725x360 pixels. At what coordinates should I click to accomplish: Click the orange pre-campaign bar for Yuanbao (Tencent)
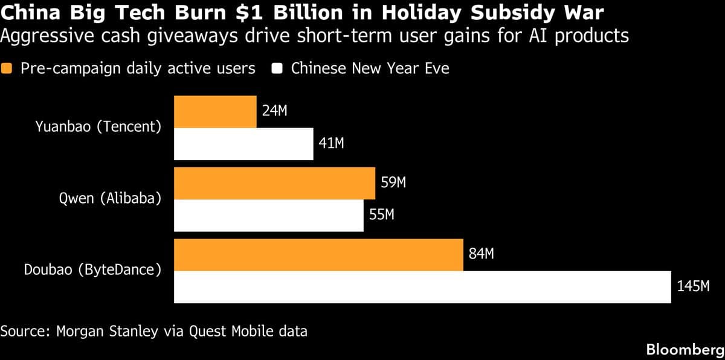coord(215,111)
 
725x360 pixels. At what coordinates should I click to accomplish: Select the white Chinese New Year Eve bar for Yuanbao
coord(243,144)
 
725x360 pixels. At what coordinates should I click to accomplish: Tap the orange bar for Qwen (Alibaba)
coord(274,184)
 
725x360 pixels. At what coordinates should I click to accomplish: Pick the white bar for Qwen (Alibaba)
coord(268,216)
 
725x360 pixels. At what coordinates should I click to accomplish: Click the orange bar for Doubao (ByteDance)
coord(318,255)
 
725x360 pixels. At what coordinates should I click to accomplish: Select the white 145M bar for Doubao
coord(422,287)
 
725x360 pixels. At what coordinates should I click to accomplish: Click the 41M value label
coord(332,143)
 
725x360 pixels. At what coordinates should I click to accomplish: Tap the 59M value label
coord(393,183)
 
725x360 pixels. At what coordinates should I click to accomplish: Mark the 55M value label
coord(382,215)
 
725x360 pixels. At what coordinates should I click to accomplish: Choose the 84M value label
coord(482,254)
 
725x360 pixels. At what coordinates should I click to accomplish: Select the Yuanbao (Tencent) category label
coord(98,127)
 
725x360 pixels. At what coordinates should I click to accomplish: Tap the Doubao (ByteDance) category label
coord(92,270)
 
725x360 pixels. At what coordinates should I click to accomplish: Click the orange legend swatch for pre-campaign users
coord(7,68)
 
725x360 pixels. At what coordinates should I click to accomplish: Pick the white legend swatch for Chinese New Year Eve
coord(279,68)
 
